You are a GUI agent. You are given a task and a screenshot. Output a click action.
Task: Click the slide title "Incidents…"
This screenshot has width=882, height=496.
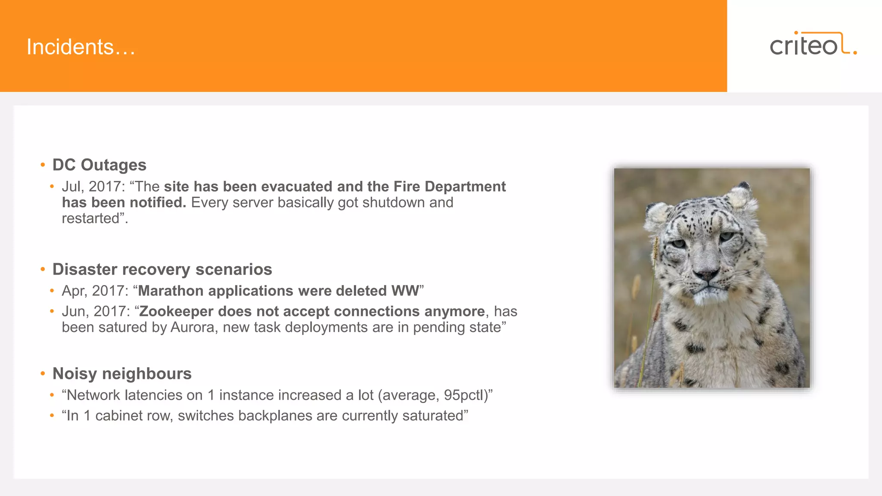point(81,47)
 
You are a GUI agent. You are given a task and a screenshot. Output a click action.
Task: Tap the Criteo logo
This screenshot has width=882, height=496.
point(813,44)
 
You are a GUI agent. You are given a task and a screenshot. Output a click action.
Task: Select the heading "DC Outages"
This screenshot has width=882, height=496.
point(99,165)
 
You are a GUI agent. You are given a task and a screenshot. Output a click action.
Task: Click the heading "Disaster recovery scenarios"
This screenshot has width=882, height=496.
point(162,270)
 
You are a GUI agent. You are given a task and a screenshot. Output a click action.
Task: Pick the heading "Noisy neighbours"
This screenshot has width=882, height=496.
point(122,374)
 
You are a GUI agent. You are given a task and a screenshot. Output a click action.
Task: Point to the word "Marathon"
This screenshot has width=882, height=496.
point(171,291)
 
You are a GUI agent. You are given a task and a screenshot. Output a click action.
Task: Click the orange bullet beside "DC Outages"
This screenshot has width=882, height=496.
point(43,165)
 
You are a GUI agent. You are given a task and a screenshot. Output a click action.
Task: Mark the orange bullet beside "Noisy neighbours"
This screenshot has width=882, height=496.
point(43,374)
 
